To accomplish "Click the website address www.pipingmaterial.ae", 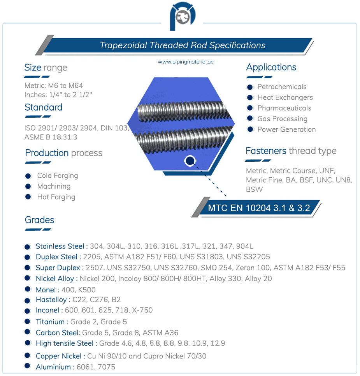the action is [x=186, y=62].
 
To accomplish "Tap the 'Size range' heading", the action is [x=46, y=67].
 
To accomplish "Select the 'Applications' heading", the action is [x=271, y=67].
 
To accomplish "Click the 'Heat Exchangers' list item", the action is [x=285, y=97].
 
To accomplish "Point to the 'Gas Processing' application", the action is [x=282, y=119].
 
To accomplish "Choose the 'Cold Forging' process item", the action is [x=58, y=176].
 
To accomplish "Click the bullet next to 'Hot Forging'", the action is [x=28, y=197].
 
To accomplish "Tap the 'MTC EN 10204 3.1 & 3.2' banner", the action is [x=259, y=208].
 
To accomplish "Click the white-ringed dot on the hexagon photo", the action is [x=190, y=160].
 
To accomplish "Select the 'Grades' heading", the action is [x=39, y=220].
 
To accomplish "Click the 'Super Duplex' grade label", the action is [x=58, y=268].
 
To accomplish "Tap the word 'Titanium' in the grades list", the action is [x=50, y=322].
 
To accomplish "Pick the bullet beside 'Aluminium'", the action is [x=27, y=366].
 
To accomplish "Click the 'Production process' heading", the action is [x=64, y=153].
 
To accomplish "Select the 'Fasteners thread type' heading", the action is [x=291, y=151].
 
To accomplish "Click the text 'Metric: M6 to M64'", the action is [x=54, y=85].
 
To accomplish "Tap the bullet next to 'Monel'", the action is [x=27, y=289].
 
